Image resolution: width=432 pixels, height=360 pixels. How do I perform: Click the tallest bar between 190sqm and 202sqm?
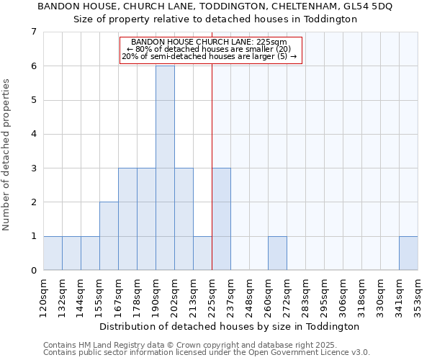click(x=165, y=168)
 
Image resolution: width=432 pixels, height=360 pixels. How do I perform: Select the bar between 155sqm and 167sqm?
click(x=109, y=236)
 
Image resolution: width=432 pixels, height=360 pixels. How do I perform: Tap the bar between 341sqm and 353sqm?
click(x=408, y=253)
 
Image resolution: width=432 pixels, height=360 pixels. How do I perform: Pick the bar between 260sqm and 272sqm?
click(x=277, y=253)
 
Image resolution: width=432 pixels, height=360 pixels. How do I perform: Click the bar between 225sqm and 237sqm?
click(x=221, y=219)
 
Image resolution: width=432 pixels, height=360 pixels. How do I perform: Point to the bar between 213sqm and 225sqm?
click(x=202, y=253)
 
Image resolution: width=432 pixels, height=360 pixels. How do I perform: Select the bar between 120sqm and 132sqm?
click(x=53, y=253)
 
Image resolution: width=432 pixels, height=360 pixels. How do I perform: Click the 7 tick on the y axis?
click(x=33, y=32)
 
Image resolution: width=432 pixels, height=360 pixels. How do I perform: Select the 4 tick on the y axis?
click(x=33, y=134)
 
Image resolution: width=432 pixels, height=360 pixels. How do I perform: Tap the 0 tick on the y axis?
click(x=33, y=271)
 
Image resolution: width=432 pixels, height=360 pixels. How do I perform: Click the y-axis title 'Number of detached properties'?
click(x=7, y=154)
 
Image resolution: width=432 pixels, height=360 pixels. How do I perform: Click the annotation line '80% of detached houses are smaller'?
click(x=209, y=49)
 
